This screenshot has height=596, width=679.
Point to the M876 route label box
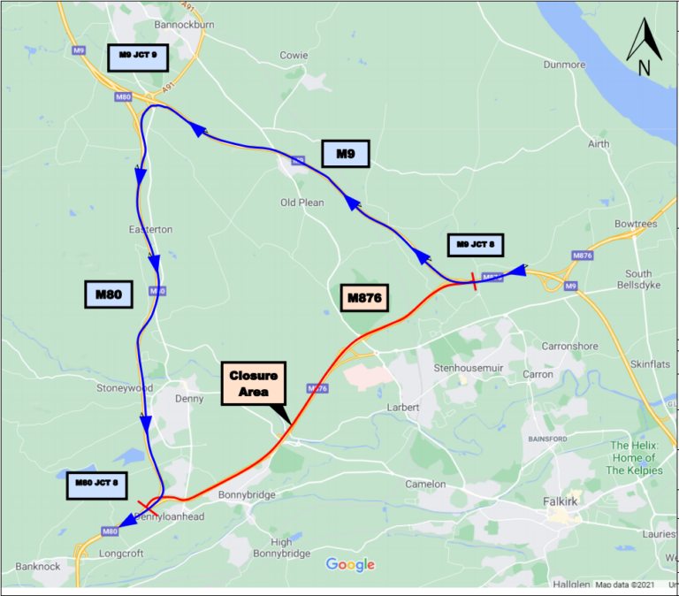[x=364, y=299]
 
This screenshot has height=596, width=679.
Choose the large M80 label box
[x=108, y=294]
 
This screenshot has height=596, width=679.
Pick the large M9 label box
[x=345, y=154]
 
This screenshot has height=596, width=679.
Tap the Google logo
[x=351, y=564]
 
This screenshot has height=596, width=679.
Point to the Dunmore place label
[x=565, y=65]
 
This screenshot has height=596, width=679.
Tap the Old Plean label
[x=302, y=202]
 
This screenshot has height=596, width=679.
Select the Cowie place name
[x=294, y=55]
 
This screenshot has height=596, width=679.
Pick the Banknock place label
[x=37, y=567]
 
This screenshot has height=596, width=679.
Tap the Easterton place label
[x=150, y=230]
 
